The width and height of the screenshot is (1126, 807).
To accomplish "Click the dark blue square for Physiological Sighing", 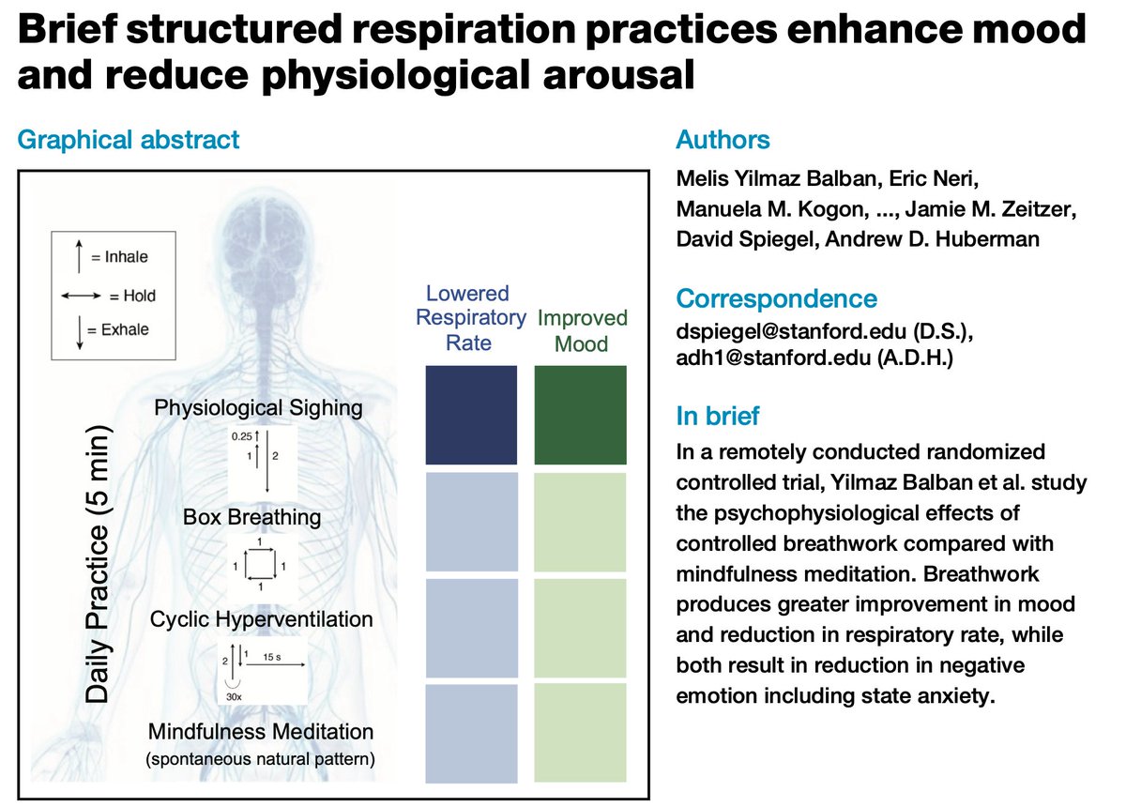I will [x=471, y=415].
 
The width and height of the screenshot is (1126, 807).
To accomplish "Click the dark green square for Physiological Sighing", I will [x=580, y=415].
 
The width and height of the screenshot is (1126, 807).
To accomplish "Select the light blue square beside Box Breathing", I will [x=471, y=522].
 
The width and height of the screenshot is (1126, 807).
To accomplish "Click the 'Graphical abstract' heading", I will [x=129, y=141].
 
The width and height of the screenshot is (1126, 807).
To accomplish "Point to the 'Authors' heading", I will [x=723, y=141].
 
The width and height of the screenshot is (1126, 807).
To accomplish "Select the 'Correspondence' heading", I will [x=776, y=299].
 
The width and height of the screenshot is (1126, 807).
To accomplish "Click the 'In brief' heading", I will [x=718, y=416].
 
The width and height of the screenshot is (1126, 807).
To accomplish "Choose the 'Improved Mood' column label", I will [x=582, y=331].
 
